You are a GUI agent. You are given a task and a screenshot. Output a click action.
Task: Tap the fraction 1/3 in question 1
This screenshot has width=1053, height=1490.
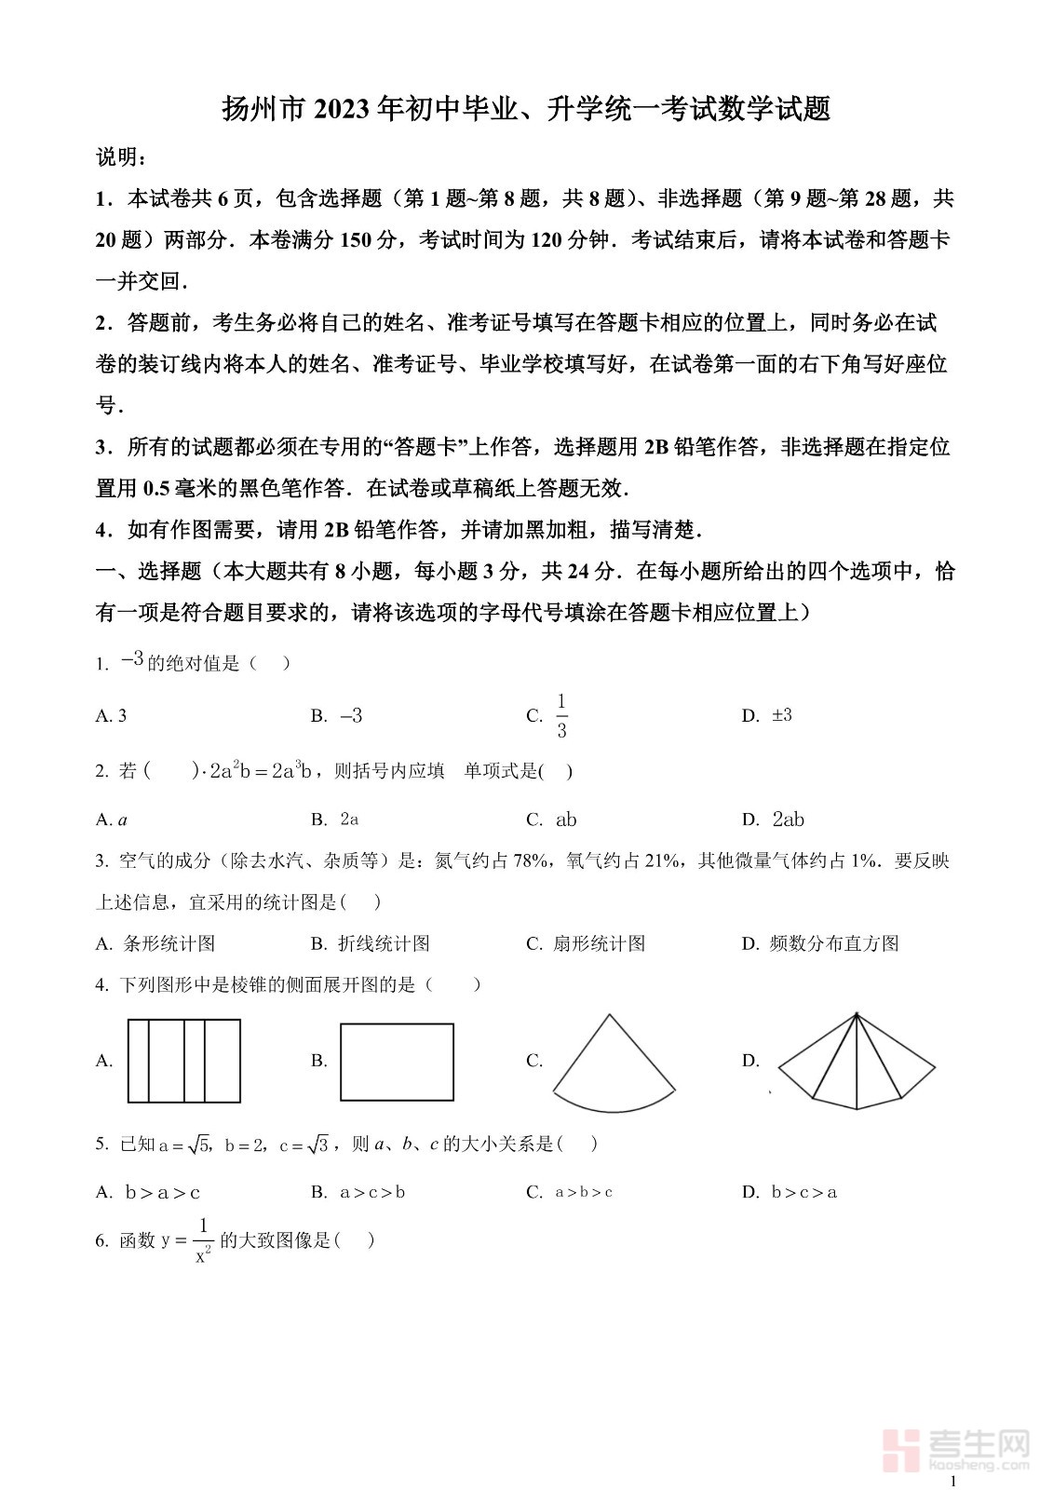[561, 715]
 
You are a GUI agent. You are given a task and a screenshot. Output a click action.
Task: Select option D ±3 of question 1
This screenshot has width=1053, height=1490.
[782, 715]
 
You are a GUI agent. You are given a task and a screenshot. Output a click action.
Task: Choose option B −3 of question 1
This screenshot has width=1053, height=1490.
[351, 716]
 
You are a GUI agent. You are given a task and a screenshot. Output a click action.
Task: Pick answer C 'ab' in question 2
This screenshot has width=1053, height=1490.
[566, 819]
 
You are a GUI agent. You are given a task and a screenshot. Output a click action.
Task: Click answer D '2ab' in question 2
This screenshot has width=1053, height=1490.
[788, 819]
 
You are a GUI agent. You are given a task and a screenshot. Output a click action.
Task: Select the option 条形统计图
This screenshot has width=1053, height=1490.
[169, 943]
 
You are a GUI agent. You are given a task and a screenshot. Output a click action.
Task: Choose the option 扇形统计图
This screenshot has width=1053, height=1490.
[599, 943]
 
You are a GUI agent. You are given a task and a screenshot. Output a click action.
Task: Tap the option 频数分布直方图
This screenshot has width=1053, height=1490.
[834, 943]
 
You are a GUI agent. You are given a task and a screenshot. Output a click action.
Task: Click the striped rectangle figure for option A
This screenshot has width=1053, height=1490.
[183, 1061]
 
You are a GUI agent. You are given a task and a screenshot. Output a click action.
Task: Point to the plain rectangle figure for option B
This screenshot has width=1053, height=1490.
[397, 1062]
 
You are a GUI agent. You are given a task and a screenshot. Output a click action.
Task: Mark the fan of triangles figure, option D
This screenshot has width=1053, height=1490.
[857, 1063]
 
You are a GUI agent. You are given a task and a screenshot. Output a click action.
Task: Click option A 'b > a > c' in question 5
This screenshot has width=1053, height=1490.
[163, 1192]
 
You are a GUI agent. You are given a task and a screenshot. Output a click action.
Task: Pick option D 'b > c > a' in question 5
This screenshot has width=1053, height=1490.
[804, 1192]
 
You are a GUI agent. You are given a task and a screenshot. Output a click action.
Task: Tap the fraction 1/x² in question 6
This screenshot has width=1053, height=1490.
[203, 1241]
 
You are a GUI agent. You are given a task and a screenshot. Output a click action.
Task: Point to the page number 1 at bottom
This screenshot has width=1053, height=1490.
[952, 1480]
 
